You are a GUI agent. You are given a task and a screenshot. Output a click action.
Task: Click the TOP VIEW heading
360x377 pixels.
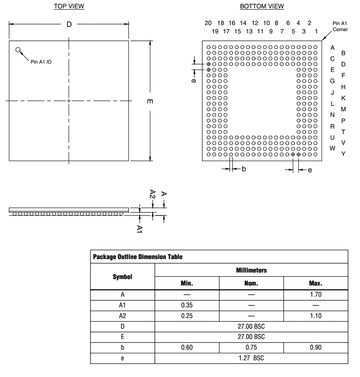pos(69,6)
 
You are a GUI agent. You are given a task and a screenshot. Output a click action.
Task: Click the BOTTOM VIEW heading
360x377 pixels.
pos(262,6)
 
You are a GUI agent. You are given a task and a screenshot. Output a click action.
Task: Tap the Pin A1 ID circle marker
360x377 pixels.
pos(18,50)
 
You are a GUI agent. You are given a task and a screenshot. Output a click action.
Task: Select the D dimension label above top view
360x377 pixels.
pos(69,25)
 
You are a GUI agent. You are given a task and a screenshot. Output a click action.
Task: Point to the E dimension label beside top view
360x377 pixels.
pos(150,102)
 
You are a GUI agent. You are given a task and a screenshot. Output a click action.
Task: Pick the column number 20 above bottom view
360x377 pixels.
pos(208,23)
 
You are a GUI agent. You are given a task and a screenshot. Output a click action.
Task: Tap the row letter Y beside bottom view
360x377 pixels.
pos(343,154)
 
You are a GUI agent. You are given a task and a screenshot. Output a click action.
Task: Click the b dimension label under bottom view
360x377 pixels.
pos(243,169)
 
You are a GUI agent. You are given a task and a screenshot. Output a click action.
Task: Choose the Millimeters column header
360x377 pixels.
pos(251,269)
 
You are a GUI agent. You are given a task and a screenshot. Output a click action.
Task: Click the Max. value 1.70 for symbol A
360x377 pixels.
pos(315,294)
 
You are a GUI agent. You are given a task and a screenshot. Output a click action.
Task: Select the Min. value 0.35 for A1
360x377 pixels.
pos(186,305)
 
